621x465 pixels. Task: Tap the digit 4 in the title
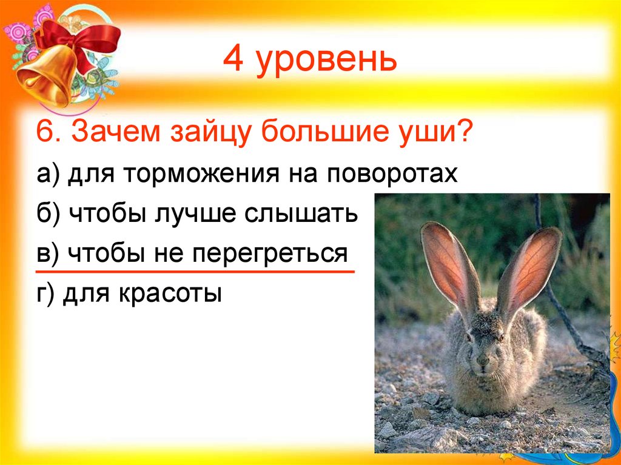[x=232, y=60]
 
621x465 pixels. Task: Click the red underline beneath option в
[x=195, y=272]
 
